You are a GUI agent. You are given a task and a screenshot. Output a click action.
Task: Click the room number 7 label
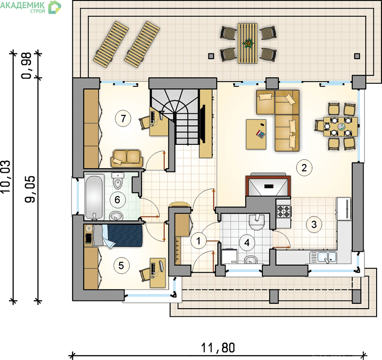[x=123, y=119]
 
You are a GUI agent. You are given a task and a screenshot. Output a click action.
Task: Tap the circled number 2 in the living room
[x=304, y=167]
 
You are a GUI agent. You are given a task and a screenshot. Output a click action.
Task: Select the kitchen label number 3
[x=314, y=225]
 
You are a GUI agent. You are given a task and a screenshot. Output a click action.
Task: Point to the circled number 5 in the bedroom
[x=121, y=265]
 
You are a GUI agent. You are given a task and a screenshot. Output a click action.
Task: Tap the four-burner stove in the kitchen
[x=284, y=211]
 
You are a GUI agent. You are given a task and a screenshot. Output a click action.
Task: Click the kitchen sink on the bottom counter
[x=324, y=257]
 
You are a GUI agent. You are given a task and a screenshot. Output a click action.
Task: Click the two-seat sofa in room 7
[x=126, y=158]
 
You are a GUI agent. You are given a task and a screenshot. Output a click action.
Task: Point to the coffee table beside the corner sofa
[x=256, y=134]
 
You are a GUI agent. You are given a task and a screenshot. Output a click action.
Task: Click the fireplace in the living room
[x=268, y=185]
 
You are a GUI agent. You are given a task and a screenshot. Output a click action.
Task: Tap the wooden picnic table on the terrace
[x=248, y=43]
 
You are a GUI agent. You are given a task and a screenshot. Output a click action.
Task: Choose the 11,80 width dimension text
[x=218, y=348]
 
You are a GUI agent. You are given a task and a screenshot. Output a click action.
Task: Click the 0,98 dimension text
[x=26, y=66]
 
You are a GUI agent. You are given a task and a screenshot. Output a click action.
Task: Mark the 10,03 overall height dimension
[x=6, y=177]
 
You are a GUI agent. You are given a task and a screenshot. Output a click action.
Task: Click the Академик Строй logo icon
[x=54, y=7]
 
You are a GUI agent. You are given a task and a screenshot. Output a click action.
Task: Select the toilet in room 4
[x=256, y=222]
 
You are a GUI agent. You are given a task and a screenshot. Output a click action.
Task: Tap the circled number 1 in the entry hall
[x=198, y=241]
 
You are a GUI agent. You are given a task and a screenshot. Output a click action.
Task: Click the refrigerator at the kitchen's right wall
[x=343, y=209]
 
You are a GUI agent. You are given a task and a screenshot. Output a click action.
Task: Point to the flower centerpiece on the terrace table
[x=248, y=44]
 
